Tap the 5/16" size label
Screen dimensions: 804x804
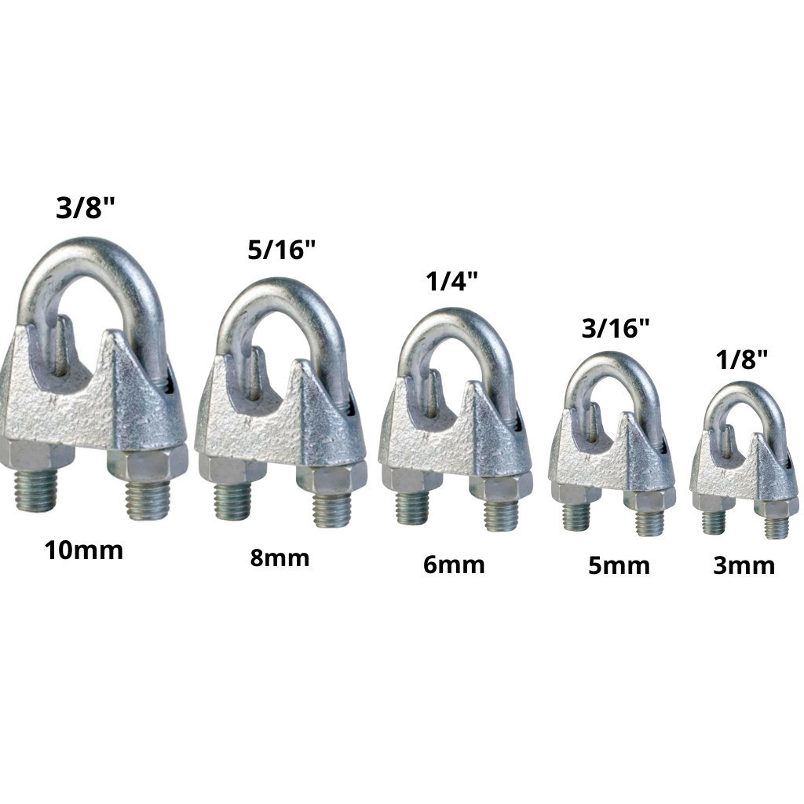click(282, 250)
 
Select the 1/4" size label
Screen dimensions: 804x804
click(452, 282)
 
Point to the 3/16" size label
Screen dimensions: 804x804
click(616, 328)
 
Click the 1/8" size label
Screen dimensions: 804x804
click(742, 360)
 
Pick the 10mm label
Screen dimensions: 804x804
click(83, 550)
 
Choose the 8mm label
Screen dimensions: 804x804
click(280, 558)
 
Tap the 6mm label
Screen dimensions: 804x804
click(454, 565)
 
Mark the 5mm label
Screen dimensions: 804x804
click(619, 565)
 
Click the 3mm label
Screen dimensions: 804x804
click(744, 565)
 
